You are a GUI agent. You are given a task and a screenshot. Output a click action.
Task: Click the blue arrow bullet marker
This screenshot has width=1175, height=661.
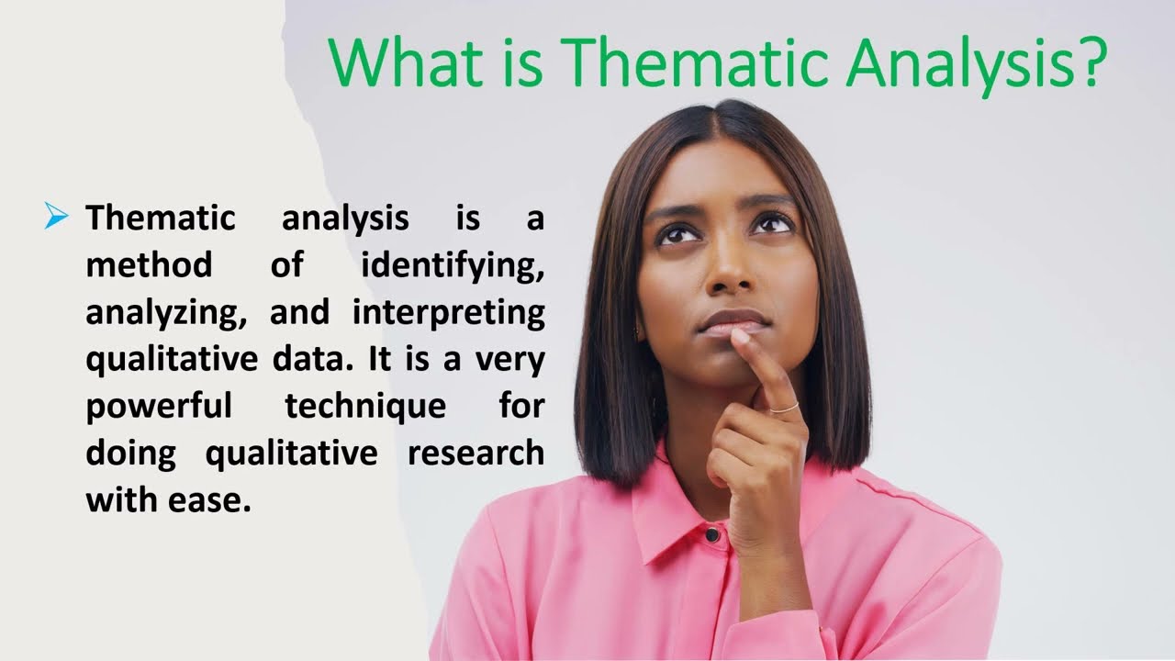(56, 218)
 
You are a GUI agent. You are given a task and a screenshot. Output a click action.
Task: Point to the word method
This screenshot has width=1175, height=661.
(149, 265)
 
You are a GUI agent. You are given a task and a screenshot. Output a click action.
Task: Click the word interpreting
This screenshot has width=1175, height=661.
(449, 314)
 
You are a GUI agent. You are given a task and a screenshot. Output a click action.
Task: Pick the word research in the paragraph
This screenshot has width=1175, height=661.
(476, 454)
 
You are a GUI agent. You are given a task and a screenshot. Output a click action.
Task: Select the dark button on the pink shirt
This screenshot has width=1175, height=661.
(712, 533)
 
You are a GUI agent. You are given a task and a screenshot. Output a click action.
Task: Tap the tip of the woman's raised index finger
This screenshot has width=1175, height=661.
(740, 337)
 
